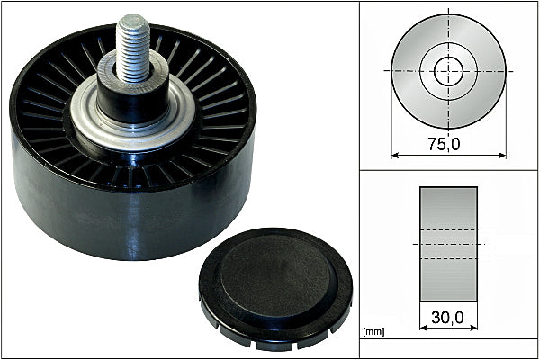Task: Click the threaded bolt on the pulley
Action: [x=133, y=49]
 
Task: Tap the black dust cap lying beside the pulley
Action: [x=275, y=289]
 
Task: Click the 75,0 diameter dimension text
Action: [x=444, y=144]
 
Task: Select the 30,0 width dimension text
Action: [x=447, y=318]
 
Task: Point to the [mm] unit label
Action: [x=373, y=332]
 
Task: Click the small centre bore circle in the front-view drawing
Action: [x=448, y=71]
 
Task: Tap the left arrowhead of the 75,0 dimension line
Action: [x=395, y=156]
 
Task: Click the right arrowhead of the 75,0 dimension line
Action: [x=502, y=156]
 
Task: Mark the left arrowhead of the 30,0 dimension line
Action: [x=424, y=328]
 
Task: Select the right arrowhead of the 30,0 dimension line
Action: [x=473, y=328]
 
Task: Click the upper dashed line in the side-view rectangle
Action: [x=448, y=229]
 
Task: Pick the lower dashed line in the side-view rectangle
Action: [x=448, y=258]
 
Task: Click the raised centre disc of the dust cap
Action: [x=275, y=275]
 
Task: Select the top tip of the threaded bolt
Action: [x=132, y=16]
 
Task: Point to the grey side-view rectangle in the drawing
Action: [x=448, y=244]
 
